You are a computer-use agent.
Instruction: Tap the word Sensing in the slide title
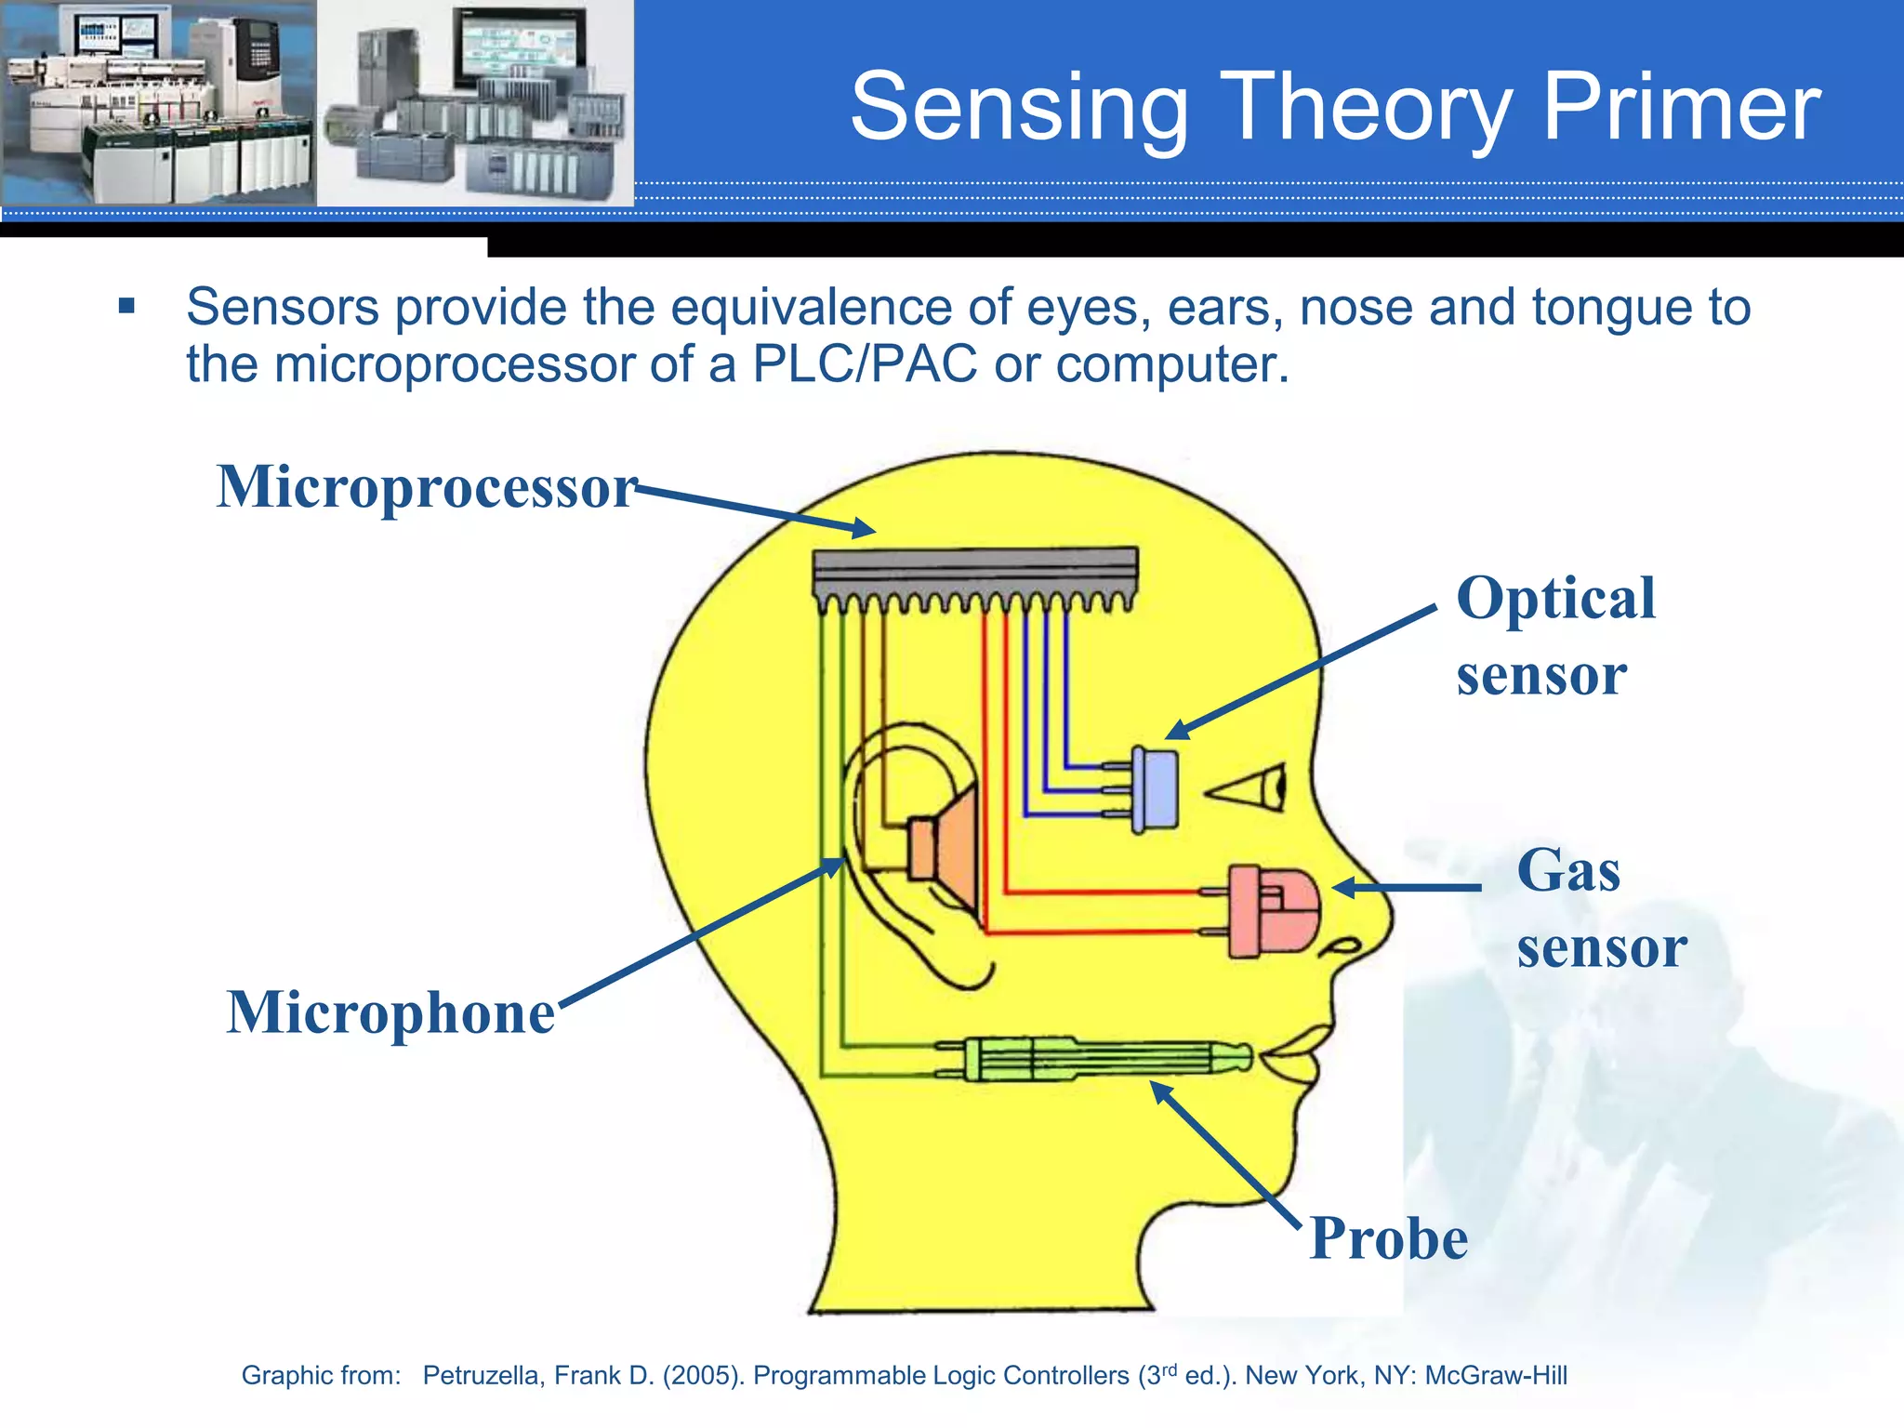pyautogui.click(x=1019, y=109)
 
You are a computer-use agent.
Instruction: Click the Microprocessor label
pyautogui.click(x=427, y=486)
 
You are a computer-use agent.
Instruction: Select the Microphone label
pyautogui.click(x=390, y=1012)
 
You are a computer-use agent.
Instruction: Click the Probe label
pyautogui.click(x=1388, y=1239)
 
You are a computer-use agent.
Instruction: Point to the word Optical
pyautogui.click(x=1555, y=598)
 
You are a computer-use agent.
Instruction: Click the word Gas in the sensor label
pyautogui.click(x=1568, y=871)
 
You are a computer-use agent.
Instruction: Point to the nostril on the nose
pyautogui.click(x=1342, y=946)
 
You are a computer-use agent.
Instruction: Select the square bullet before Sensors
pyautogui.click(x=127, y=306)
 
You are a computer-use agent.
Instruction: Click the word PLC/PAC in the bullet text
pyautogui.click(x=865, y=364)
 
